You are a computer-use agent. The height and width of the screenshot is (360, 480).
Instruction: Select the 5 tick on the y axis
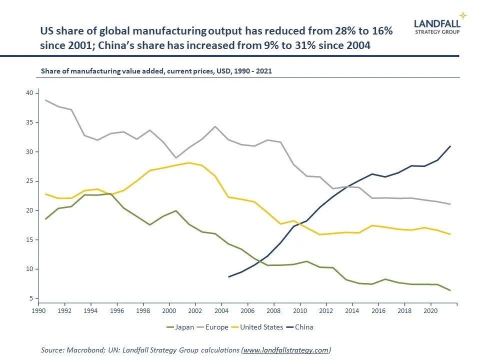30,298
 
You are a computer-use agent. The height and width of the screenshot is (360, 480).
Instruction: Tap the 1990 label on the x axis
39,310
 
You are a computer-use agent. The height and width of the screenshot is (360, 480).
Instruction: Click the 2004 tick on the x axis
221,310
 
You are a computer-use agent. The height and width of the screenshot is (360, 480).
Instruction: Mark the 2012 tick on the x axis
326,310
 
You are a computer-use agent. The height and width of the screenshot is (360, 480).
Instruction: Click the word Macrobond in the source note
81,350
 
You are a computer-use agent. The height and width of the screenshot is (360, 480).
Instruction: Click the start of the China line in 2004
228,276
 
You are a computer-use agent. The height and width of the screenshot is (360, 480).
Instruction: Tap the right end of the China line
450,146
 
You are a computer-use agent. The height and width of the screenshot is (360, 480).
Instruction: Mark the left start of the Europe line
45,100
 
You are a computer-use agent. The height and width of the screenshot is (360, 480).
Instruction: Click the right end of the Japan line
450,290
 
